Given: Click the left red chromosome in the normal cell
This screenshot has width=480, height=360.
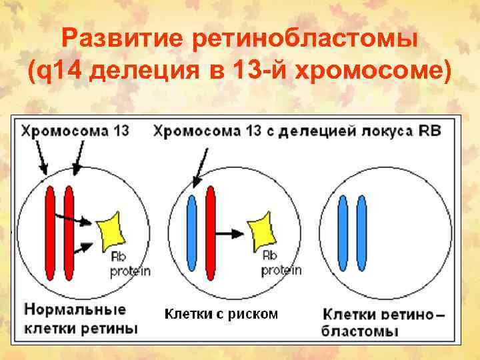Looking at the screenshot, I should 49,233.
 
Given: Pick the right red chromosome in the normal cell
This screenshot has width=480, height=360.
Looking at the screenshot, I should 68,233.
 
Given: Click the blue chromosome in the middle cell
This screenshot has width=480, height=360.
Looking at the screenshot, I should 192,233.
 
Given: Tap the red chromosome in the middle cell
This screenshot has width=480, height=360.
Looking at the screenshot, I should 211,233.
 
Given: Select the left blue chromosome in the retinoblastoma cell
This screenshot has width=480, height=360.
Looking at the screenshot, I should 343,233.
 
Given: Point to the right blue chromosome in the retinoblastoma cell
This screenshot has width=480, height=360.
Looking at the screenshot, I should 361,233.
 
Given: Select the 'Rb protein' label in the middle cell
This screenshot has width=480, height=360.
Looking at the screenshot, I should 280,263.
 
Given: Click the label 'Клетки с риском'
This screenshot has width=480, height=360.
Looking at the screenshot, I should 221,313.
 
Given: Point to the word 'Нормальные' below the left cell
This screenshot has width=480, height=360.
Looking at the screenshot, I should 75,310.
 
